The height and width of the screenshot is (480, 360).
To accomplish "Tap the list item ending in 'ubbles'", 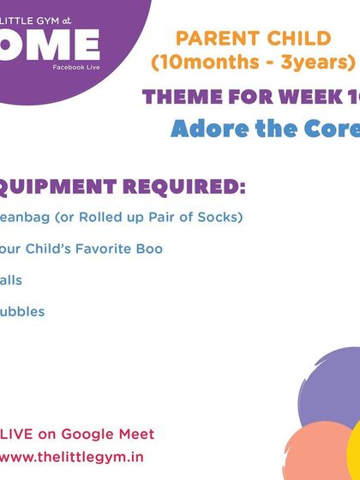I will [22, 311].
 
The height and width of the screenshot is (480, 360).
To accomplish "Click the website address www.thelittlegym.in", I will [72, 459].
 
